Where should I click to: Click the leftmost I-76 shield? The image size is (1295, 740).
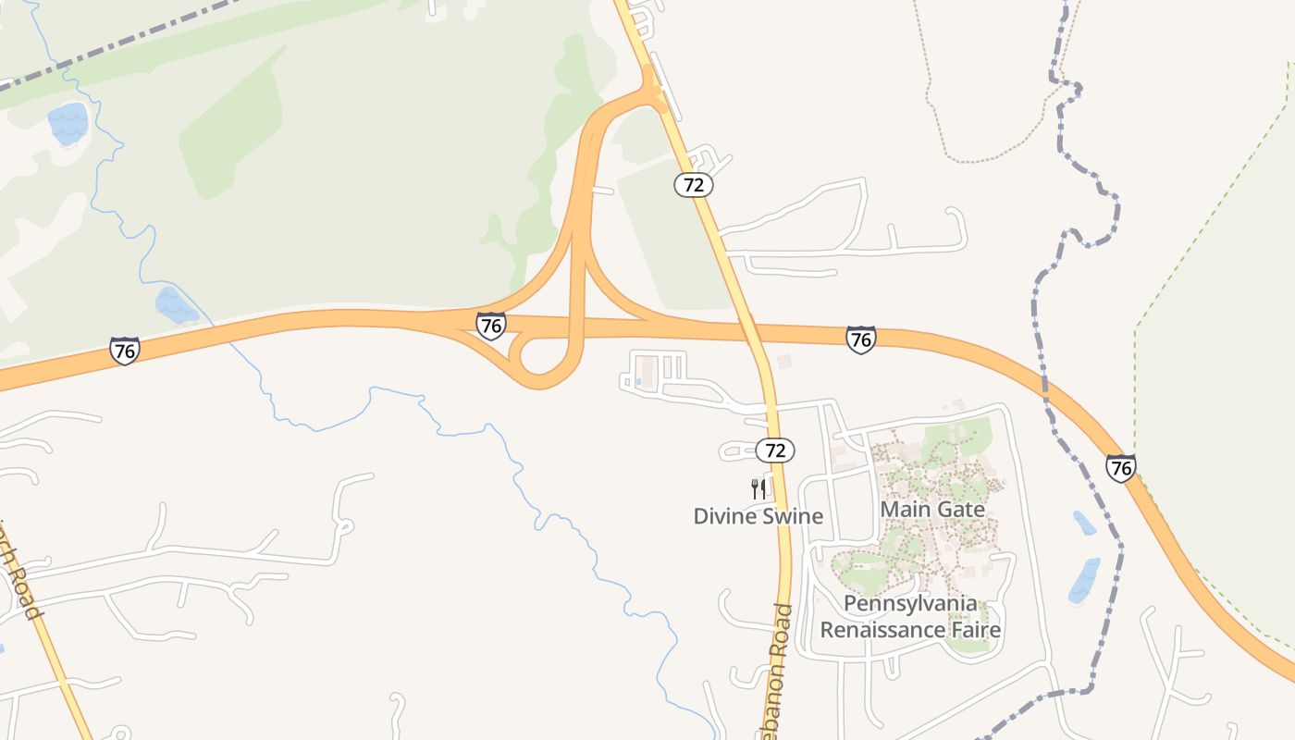124,351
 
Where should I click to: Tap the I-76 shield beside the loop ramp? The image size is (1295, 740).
491,326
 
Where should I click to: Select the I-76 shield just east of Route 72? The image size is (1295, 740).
860,339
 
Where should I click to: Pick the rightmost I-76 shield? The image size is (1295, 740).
1120,468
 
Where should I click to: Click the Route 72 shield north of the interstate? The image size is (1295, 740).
694,185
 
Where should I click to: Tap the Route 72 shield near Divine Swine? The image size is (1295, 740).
775,450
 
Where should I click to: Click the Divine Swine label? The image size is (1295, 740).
758,516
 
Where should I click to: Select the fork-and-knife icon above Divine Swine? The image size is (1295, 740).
758,488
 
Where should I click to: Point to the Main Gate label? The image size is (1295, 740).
932,509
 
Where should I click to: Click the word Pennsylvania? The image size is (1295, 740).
910,604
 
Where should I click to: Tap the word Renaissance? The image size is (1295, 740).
882,631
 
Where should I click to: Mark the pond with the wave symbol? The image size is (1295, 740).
68,123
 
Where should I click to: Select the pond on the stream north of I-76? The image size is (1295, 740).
175,305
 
